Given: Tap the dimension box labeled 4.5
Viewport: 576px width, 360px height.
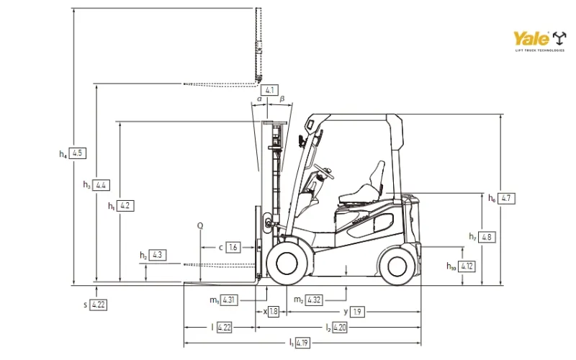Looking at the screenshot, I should [x=79, y=153].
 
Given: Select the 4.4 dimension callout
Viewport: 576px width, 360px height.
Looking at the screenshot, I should [x=102, y=185].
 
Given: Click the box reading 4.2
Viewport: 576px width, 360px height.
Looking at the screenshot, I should [x=125, y=206].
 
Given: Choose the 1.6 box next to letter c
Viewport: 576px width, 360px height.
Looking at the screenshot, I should [x=233, y=248].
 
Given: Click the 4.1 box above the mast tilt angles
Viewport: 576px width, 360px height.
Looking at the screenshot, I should [x=269, y=90].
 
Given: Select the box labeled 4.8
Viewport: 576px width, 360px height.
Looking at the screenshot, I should [x=487, y=237].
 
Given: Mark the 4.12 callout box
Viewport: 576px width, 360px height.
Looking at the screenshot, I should [x=467, y=266].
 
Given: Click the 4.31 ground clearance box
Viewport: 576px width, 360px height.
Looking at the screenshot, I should [x=229, y=300].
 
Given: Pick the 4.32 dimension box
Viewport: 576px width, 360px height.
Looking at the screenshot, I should [x=313, y=300].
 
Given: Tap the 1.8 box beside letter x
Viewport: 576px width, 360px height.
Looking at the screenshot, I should [x=274, y=312].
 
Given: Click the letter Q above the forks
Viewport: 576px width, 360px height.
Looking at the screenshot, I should [x=200, y=225].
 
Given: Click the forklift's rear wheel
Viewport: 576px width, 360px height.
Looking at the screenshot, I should [x=397, y=265].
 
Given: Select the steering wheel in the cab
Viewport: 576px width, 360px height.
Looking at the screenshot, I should [x=323, y=173].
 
